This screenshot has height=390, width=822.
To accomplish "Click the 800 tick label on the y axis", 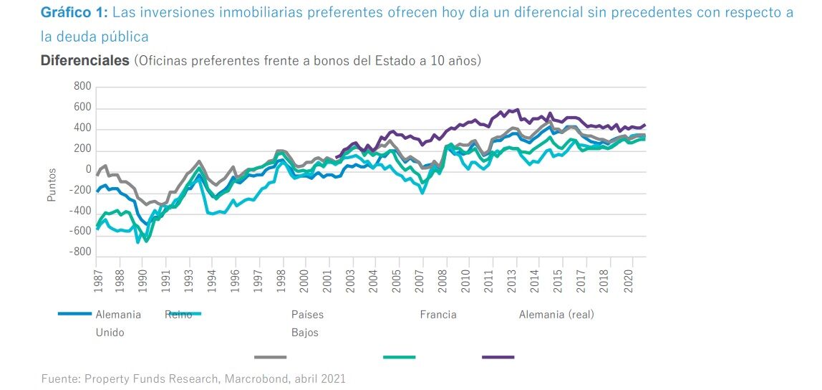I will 82,87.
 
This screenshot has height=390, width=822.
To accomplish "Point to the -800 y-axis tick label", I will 80,252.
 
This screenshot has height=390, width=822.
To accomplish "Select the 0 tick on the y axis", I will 88,170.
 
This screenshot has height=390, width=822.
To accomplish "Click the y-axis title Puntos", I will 52,185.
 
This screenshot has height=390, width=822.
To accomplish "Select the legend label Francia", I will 437,315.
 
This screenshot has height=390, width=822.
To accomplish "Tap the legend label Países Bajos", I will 306,323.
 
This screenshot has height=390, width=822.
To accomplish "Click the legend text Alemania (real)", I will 556,315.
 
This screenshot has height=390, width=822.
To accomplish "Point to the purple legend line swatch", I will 498,356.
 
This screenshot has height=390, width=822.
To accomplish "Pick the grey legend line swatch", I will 270,356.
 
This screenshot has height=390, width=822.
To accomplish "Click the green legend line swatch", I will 399,356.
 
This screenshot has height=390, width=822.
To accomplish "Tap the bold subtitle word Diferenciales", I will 84,60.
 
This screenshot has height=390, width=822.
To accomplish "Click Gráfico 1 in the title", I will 74,13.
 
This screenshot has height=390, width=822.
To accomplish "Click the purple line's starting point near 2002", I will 336,157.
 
